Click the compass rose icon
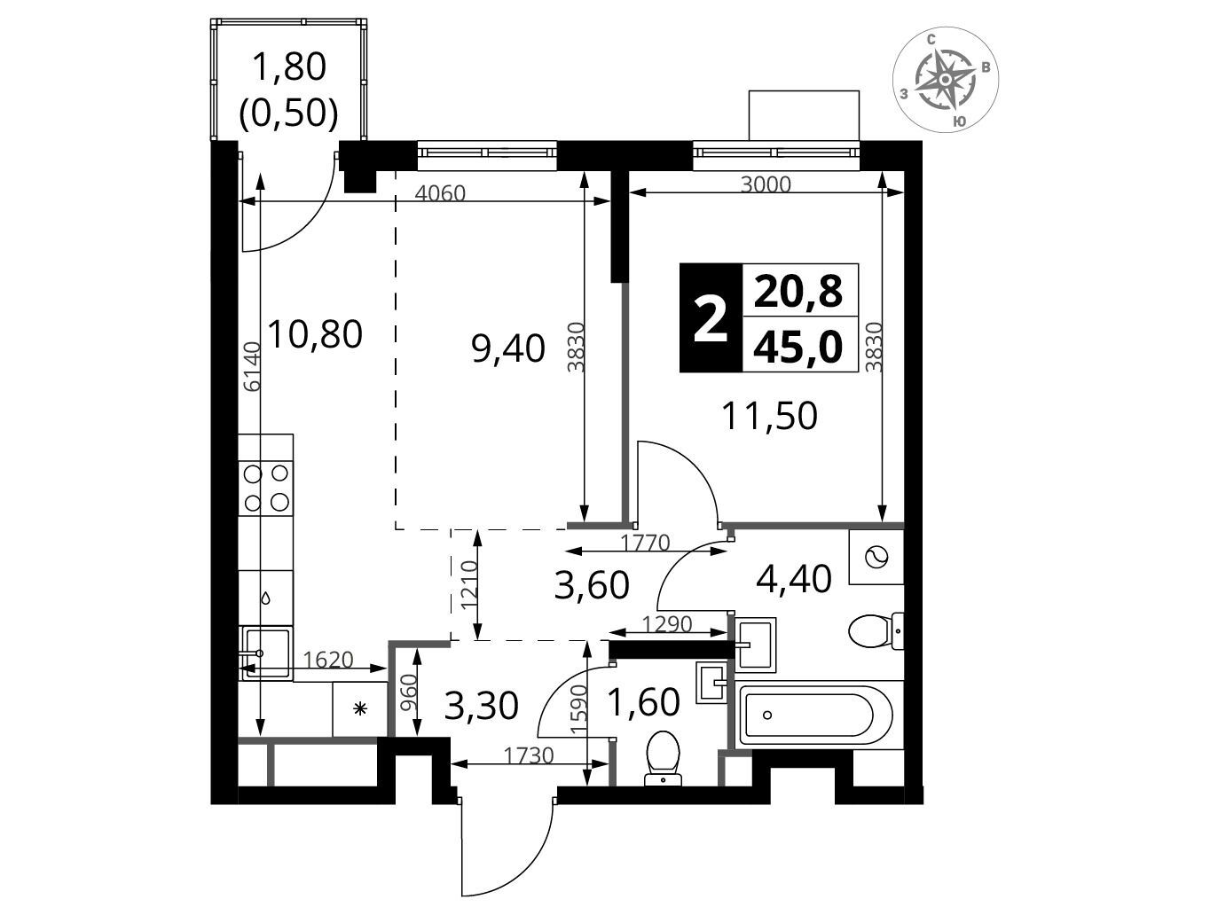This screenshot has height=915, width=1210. [945, 80]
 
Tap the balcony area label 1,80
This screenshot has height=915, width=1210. [289, 66]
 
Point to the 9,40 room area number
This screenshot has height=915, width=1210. [508, 348]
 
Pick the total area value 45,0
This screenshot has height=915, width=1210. [798, 347]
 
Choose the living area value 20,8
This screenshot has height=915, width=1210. [798, 291]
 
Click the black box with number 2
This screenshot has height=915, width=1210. [711, 317]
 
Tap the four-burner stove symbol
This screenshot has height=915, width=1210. [266, 487]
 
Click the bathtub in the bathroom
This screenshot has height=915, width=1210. [814, 715]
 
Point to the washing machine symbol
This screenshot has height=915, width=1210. [876, 557]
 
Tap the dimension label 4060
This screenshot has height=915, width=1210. [440, 193]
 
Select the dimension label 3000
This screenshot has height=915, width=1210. [766, 184]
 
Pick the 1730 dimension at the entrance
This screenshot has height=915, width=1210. [528, 755]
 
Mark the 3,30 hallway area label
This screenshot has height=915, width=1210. [481, 707]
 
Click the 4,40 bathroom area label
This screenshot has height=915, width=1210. [793, 579]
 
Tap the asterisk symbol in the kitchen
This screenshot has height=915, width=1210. [360, 708]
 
